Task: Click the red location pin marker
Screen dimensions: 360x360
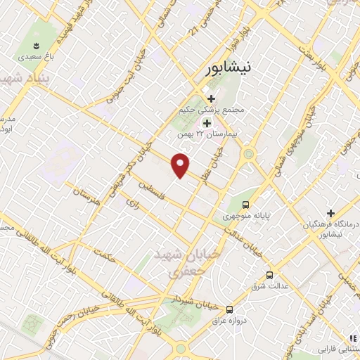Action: click(181, 165)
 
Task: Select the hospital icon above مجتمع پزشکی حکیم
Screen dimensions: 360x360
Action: click(209, 98)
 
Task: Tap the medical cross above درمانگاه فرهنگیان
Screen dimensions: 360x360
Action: click(330, 213)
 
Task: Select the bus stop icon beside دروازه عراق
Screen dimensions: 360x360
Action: click(229, 309)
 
